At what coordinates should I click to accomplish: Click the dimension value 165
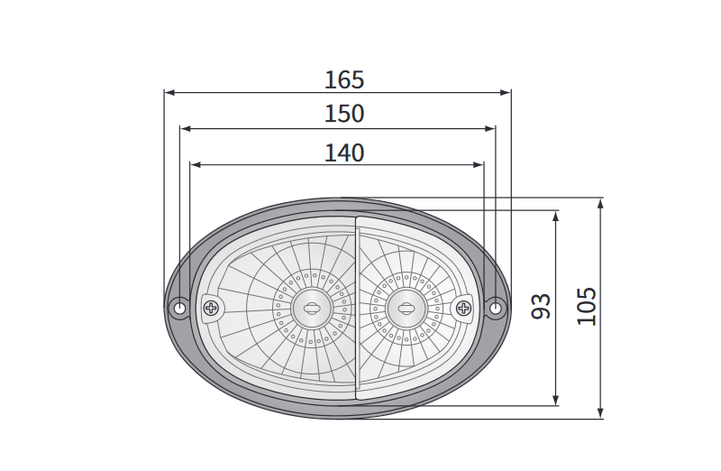click(344, 79)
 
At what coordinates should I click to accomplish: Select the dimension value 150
click(344, 114)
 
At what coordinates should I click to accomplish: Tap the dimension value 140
click(344, 152)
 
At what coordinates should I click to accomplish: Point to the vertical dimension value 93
click(541, 306)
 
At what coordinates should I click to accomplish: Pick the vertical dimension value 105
click(587, 306)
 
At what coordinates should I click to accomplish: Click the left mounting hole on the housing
click(178, 307)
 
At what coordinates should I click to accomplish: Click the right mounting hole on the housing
click(495, 308)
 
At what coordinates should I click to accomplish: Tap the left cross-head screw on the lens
click(211, 307)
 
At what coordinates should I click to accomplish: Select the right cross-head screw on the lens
click(463, 308)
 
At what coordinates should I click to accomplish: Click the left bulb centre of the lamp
click(312, 308)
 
